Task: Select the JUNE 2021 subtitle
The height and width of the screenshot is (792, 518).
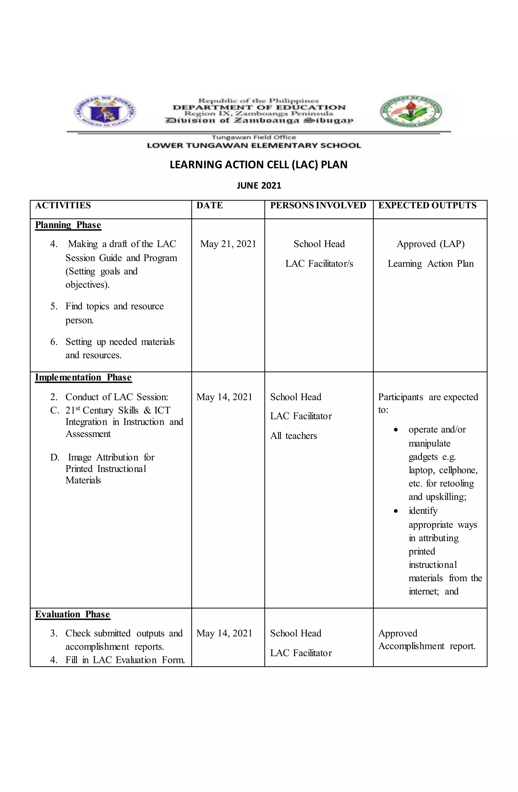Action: [x=259, y=186]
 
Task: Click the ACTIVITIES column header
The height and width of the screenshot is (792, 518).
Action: [x=63, y=205]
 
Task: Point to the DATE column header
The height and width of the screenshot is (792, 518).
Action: [x=209, y=205]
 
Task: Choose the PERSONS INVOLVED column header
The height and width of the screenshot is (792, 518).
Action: [x=318, y=205]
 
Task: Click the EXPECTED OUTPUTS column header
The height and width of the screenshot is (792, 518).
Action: [x=427, y=205]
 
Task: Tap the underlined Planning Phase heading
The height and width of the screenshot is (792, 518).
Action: [x=68, y=225]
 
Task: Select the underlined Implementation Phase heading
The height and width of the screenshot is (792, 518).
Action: [x=83, y=377]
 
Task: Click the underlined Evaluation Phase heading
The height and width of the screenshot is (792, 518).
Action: [x=72, y=614]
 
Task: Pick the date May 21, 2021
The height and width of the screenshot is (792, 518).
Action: [x=228, y=244]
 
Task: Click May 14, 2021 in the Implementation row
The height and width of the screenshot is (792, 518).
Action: [x=224, y=397]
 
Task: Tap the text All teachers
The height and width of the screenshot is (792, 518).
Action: [x=293, y=436]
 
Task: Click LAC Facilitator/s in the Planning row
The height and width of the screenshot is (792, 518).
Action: [x=319, y=264]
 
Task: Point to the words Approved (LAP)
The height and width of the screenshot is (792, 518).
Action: [x=430, y=244]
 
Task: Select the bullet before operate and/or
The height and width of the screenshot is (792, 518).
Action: [x=396, y=430]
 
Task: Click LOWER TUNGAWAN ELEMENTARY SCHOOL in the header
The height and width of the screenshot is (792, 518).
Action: [x=254, y=145]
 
